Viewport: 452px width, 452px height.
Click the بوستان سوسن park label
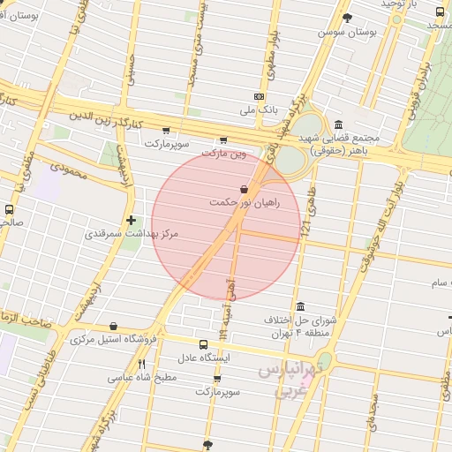click(x=348, y=32)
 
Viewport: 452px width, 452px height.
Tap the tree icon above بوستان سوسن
click(x=347, y=18)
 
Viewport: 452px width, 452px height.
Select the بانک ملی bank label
click(x=259, y=112)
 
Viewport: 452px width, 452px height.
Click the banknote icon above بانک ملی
click(x=259, y=96)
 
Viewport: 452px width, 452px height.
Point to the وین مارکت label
click(x=222, y=154)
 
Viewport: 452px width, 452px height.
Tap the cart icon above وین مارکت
click(x=222, y=139)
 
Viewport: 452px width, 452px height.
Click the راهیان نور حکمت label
click(x=244, y=202)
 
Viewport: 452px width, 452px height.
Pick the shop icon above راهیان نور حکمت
click(x=244, y=187)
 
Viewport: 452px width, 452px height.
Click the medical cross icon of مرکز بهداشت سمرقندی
click(x=131, y=220)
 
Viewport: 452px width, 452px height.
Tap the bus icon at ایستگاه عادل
click(x=204, y=344)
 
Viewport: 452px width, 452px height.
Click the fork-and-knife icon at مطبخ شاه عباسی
click(x=141, y=363)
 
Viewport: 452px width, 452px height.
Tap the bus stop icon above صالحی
click(x=9, y=210)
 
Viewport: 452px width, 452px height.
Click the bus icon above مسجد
click(x=440, y=11)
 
